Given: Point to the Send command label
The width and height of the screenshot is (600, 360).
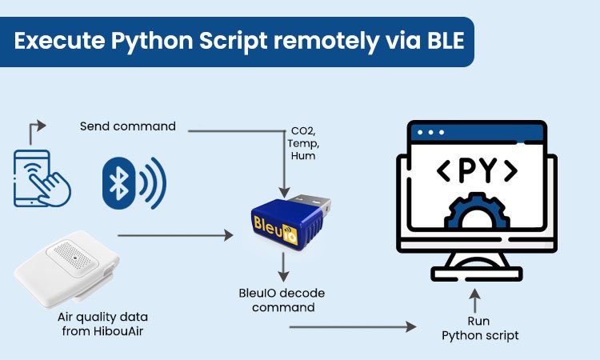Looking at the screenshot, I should (x=127, y=126).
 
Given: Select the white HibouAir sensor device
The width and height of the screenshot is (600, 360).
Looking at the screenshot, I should (x=67, y=264).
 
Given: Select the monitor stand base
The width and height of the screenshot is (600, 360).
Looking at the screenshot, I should (x=477, y=274).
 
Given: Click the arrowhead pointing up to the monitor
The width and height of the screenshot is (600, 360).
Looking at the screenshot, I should (x=477, y=296).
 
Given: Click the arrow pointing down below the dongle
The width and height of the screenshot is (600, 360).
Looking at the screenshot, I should (x=283, y=268).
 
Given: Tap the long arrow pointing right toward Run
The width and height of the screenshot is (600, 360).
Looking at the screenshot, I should (x=352, y=326).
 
